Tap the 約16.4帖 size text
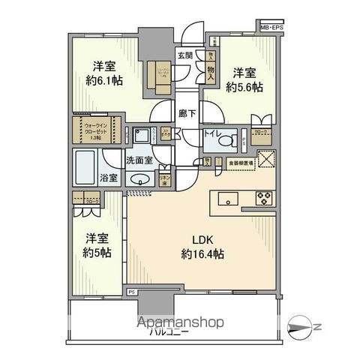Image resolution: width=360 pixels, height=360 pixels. [200, 254]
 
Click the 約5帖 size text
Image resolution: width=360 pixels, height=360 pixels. [96, 252]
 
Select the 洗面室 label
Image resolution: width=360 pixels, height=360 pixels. [139, 160]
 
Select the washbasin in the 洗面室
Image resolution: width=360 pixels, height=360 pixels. [139, 180]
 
